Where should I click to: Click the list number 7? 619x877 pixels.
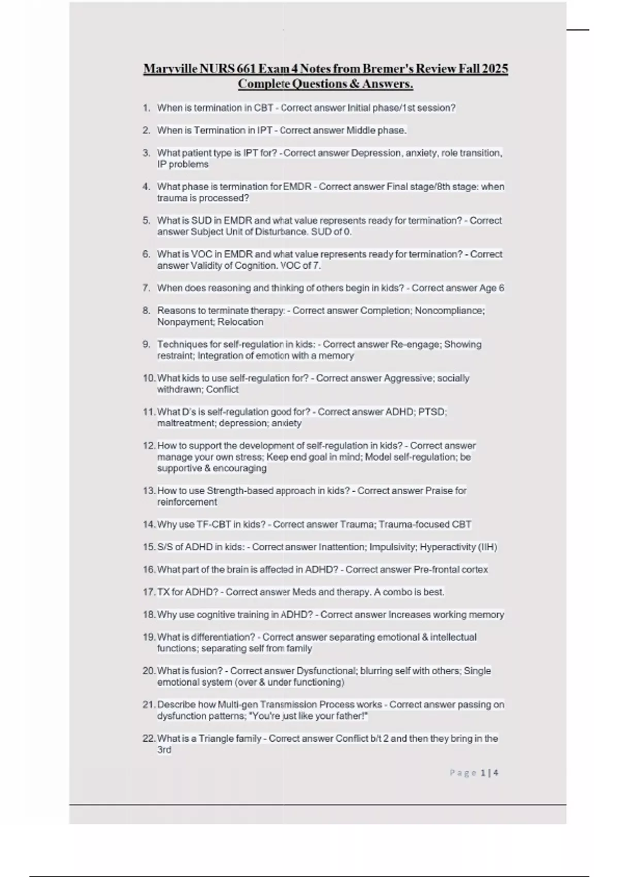click(146, 288)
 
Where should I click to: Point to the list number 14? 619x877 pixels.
click(149, 524)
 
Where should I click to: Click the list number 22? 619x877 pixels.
click(149, 738)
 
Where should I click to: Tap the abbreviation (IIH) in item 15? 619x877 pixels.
click(488, 547)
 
